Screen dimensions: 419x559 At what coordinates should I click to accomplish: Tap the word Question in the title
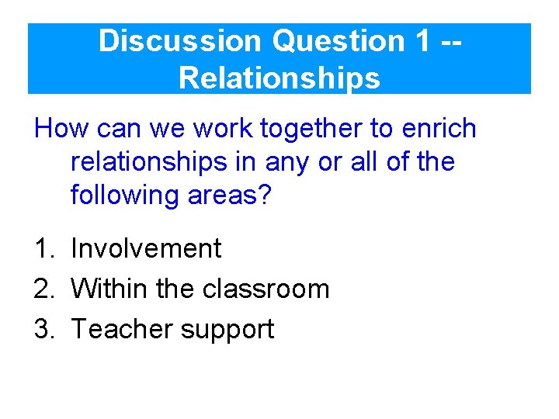click(x=339, y=40)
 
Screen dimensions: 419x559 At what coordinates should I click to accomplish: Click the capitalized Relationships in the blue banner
click(x=279, y=78)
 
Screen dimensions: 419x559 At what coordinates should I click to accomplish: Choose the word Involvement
click(x=146, y=249)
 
